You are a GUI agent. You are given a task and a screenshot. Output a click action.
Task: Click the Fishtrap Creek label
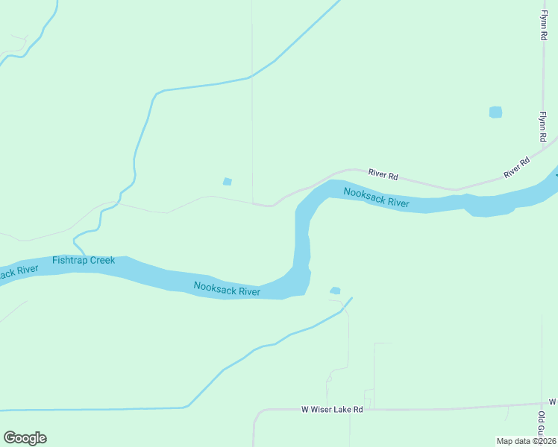84,260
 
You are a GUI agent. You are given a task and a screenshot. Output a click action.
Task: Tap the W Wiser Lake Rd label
332,410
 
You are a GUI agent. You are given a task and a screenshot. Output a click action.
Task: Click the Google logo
25,438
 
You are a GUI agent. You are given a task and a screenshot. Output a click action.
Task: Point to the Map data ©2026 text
526,441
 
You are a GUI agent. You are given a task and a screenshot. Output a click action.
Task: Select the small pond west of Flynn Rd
495,112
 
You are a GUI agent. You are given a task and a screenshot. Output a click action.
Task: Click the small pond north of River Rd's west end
228,181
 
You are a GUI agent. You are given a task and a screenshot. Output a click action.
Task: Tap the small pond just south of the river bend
335,291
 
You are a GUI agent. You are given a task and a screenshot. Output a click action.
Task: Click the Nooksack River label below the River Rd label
376,198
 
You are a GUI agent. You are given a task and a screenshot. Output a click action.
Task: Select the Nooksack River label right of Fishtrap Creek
227,288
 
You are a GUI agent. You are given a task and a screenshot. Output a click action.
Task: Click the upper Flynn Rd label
545,27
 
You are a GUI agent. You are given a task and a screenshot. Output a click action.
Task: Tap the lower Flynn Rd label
545,127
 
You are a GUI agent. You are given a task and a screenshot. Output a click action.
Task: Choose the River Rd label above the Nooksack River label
383,176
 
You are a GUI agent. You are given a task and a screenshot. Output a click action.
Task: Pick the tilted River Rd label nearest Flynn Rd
516,166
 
